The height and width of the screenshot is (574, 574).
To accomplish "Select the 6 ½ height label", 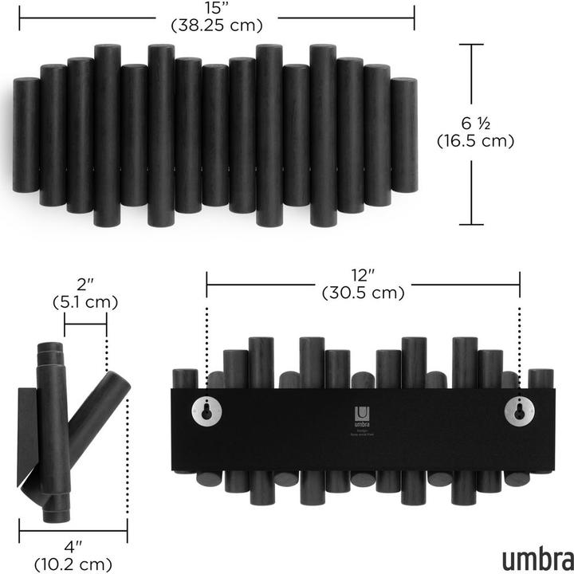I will pyautogui.click(x=476, y=124).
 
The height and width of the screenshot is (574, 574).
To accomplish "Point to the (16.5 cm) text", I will pyautogui.click(x=476, y=141).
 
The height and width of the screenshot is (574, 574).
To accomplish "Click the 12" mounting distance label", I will pyautogui.click(x=363, y=275).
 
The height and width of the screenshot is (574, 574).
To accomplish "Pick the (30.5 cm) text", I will pyautogui.click(x=363, y=293).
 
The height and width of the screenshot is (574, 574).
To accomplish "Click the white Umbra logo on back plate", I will pyautogui.click(x=362, y=413).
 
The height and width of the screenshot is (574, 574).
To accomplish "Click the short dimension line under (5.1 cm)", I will pyautogui.click(x=85, y=324).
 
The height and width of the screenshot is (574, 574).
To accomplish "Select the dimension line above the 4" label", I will pyautogui.click(x=73, y=529).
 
